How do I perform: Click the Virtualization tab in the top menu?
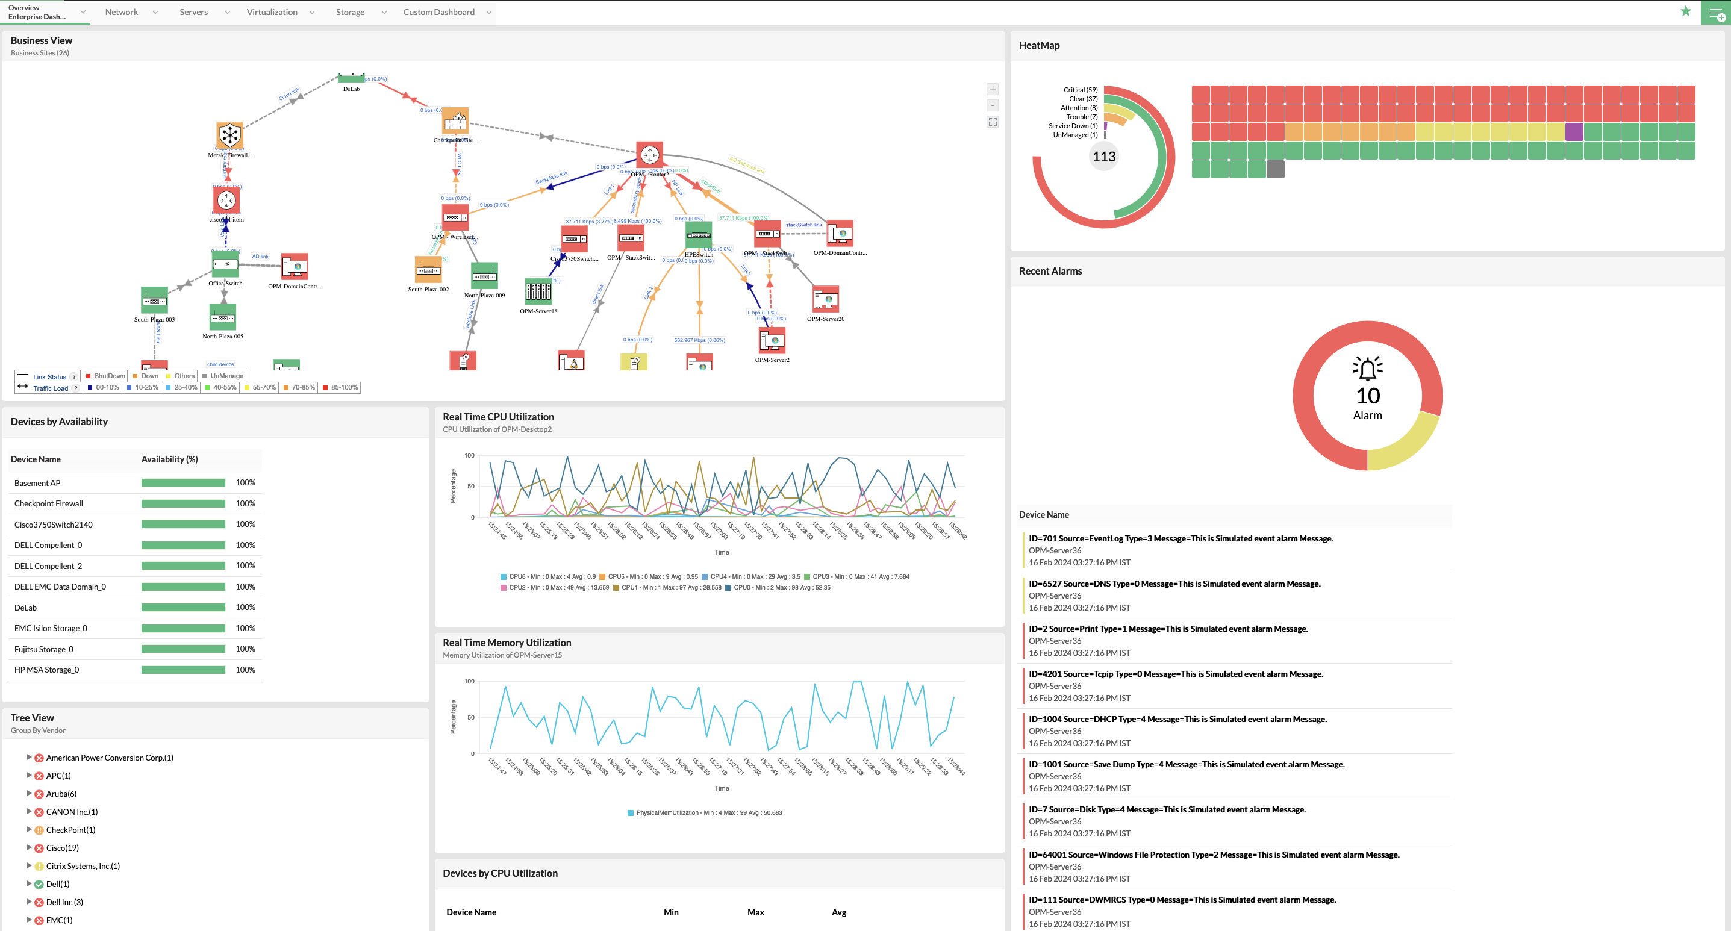pyautogui.click(x=272, y=12)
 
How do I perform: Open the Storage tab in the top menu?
pyautogui.click(x=350, y=12)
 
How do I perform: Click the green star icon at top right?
pyautogui.click(x=1685, y=11)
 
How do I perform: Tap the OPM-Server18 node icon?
pyautogui.click(x=538, y=291)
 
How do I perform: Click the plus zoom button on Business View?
pyautogui.click(x=993, y=89)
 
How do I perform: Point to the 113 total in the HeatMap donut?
pyautogui.click(x=1104, y=157)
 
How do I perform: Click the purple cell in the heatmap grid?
pyautogui.click(x=1574, y=132)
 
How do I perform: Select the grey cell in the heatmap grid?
pyautogui.click(x=1274, y=169)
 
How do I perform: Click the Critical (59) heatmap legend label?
pyautogui.click(x=1080, y=89)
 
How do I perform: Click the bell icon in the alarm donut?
pyautogui.click(x=1367, y=368)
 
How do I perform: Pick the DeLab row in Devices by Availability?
pyautogui.click(x=25, y=608)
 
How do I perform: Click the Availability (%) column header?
pyautogui.click(x=169, y=459)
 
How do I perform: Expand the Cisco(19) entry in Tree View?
pyautogui.click(x=29, y=847)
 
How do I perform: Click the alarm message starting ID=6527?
pyautogui.click(x=1174, y=584)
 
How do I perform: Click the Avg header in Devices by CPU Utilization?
pyautogui.click(x=838, y=912)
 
